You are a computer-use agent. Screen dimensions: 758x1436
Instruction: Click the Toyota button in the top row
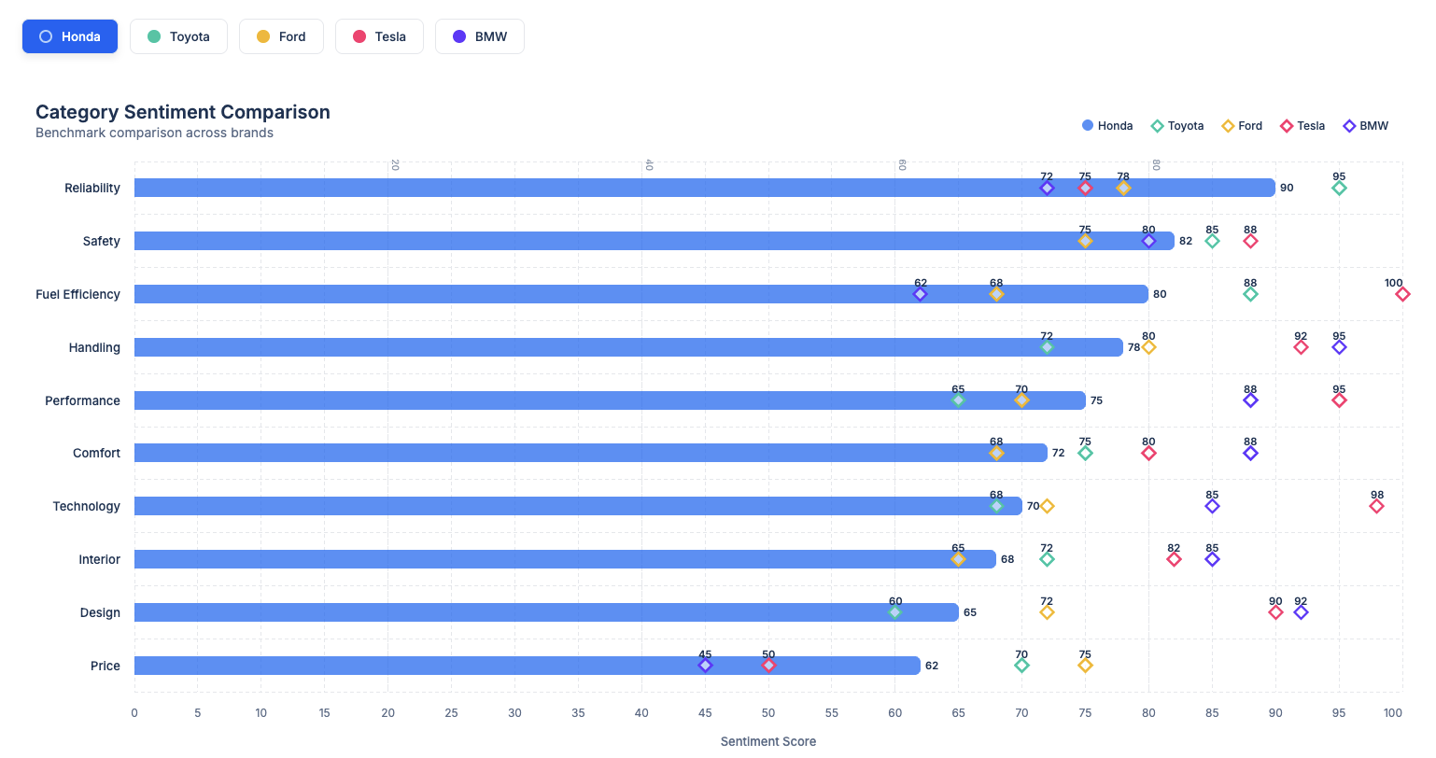point(178,36)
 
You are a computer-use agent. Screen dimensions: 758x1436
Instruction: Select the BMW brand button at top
point(479,36)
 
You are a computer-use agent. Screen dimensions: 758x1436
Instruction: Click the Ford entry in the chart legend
point(1242,126)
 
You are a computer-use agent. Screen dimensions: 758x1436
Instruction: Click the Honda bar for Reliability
point(704,188)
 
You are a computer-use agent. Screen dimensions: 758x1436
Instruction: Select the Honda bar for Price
point(527,666)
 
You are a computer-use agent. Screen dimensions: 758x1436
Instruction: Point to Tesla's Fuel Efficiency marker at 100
point(1402,294)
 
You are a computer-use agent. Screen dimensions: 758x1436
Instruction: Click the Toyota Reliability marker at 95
point(1339,189)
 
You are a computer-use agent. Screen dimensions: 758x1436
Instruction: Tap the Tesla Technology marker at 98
point(1376,506)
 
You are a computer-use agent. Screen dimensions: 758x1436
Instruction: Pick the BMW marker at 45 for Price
point(705,666)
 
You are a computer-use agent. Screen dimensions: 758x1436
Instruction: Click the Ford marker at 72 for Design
point(1047,612)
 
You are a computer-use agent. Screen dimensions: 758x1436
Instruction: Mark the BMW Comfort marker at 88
point(1250,454)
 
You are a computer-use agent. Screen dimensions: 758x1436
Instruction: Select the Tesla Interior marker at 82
point(1174,559)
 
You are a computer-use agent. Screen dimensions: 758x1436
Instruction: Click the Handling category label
point(94,347)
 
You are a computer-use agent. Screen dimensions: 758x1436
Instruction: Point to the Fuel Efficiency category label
point(77,294)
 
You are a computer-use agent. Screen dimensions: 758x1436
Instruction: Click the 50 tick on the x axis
point(768,713)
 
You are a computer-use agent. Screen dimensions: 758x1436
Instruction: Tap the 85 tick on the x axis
point(1212,713)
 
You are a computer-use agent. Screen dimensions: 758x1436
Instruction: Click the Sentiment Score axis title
point(767,741)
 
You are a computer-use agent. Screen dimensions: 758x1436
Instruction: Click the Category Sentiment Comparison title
point(183,112)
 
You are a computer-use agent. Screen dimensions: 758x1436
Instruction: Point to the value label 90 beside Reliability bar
point(1287,188)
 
